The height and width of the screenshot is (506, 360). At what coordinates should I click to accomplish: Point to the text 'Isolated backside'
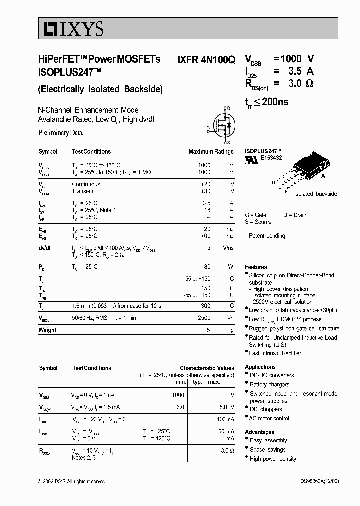[316, 194]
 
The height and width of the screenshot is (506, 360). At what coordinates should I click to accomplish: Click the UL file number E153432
[271, 157]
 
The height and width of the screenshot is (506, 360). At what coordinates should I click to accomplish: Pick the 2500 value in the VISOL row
[204, 318]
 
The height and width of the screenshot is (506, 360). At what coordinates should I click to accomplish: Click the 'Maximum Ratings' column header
[211, 152]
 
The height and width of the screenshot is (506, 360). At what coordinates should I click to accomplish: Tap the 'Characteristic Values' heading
[207, 368]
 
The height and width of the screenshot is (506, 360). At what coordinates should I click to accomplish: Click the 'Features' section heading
[256, 267]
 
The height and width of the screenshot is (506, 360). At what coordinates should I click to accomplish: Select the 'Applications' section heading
[260, 367]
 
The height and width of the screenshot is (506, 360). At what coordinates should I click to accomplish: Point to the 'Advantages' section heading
[259, 432]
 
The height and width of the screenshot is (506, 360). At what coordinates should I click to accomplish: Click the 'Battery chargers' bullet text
[269, 385]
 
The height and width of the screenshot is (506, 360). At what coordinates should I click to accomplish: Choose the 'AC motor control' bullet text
[269, 418]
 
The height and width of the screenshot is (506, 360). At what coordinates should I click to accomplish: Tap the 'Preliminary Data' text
[60, 133]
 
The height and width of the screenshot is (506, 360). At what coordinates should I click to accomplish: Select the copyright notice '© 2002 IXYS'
[71, 481]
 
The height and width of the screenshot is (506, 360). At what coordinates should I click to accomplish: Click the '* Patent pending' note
[265, 236]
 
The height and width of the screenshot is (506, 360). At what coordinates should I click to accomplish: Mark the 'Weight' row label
[47, 330]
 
